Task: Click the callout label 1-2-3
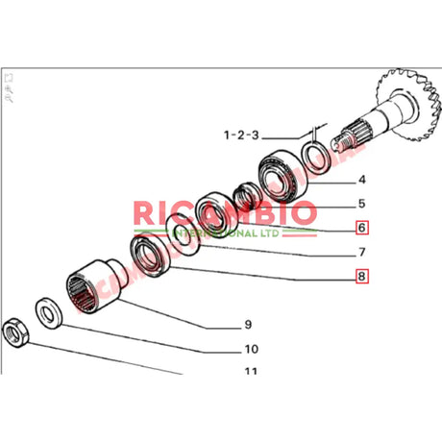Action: click(240, 135)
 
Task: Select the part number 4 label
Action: click(361, 180)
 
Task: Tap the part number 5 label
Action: click(361, 204)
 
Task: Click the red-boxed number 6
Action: click(361, 229)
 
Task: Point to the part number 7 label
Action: click(361, 254)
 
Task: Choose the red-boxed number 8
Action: click(361, 279)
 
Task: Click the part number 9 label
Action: click(247, 324)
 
